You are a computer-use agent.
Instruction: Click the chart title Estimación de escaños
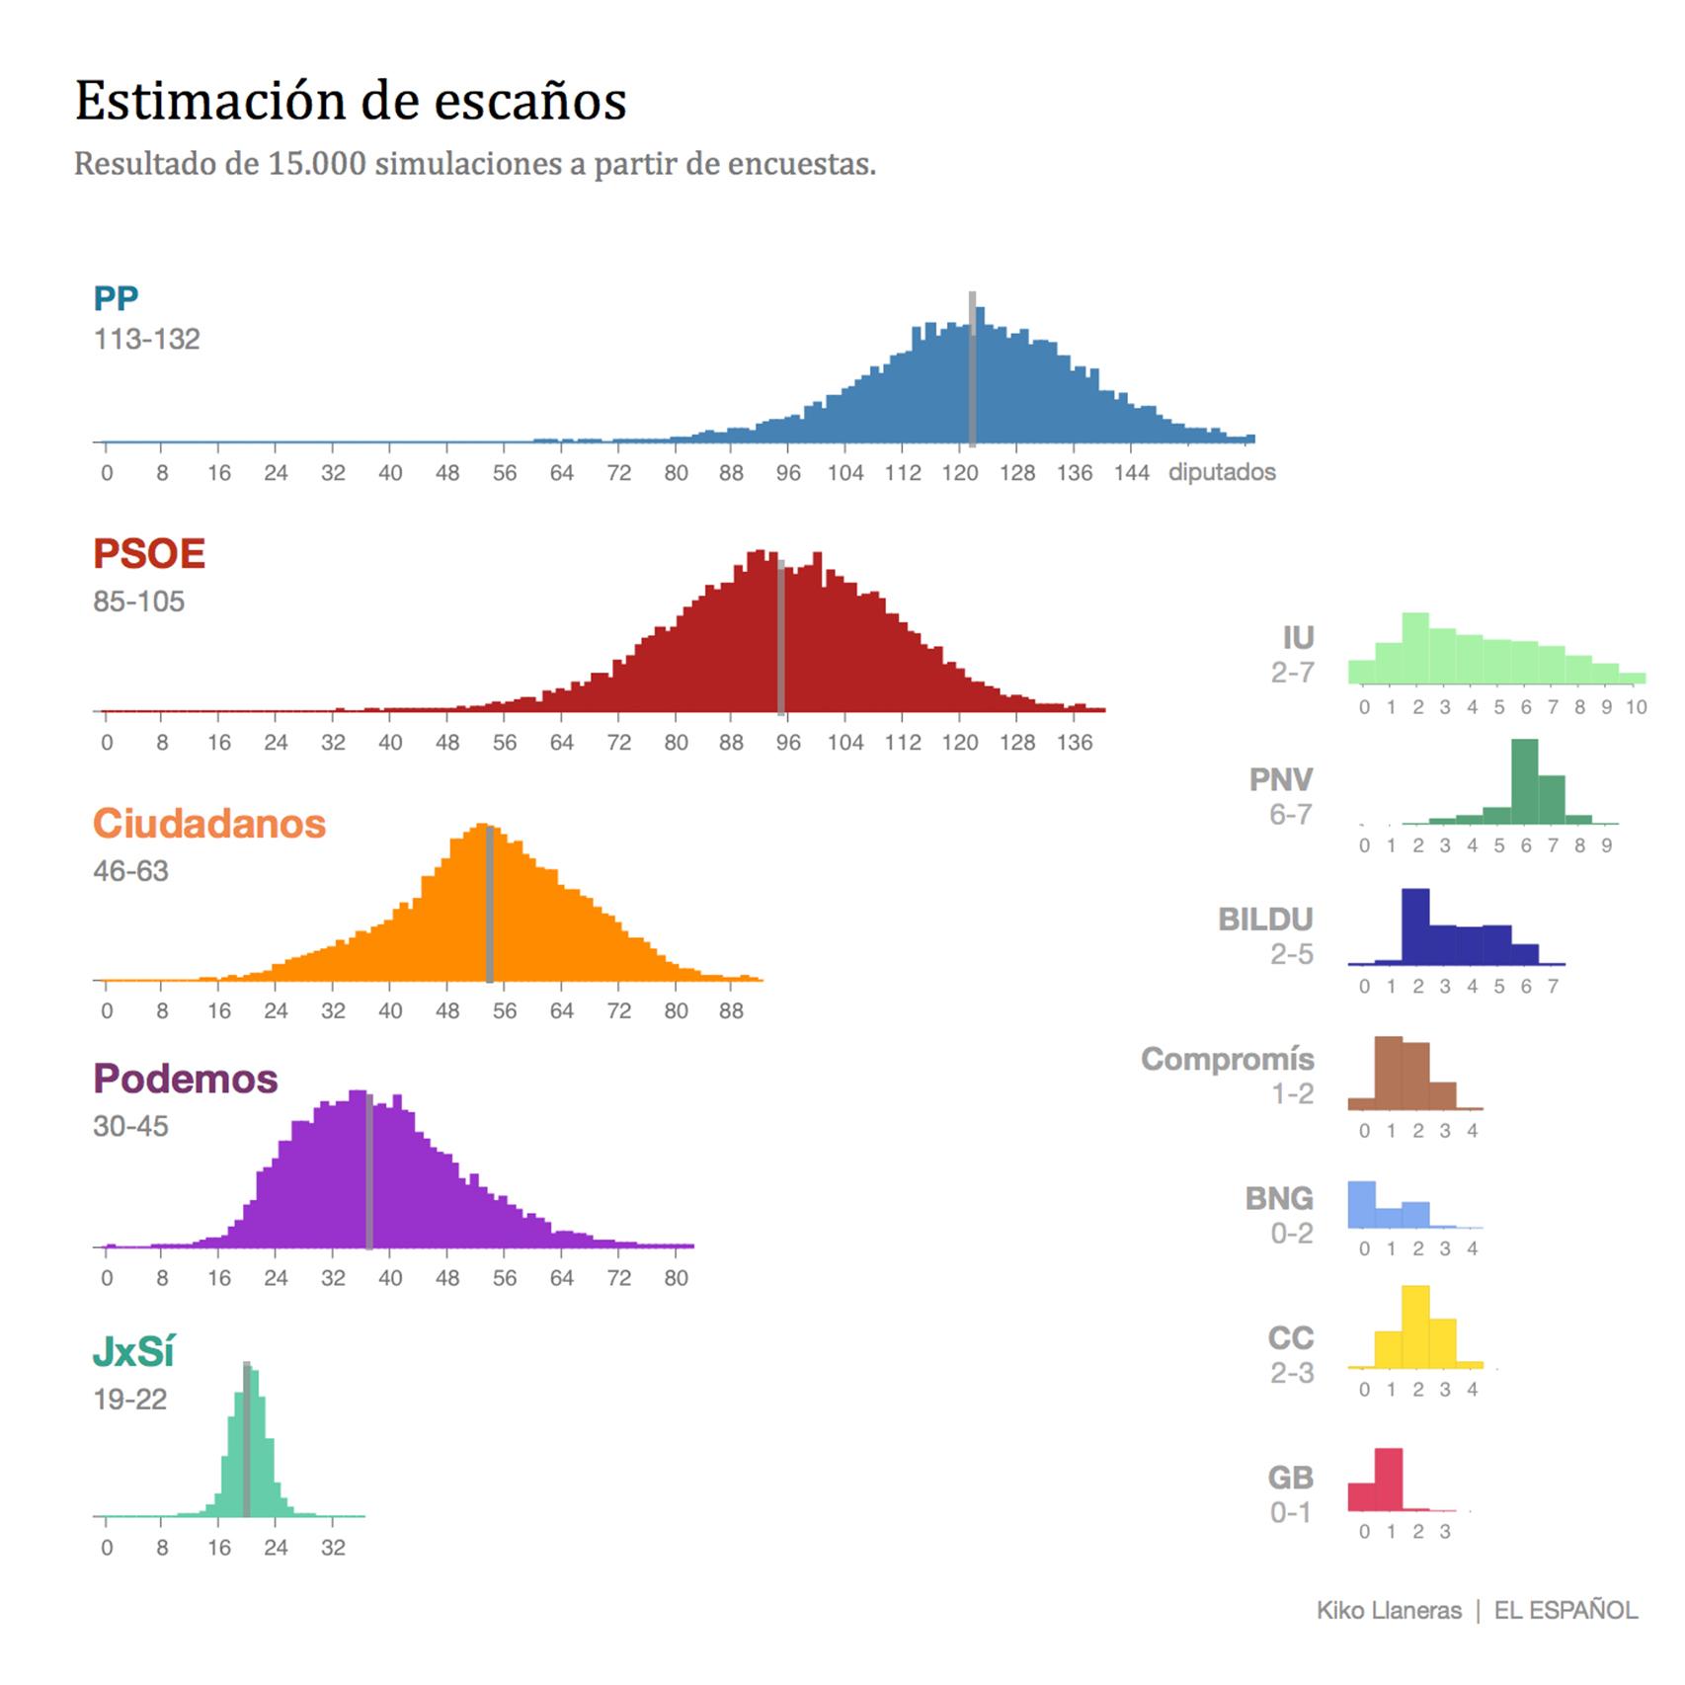(351, 101)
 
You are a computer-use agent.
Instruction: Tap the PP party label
(116, 297)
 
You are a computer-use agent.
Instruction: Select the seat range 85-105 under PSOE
(138, 602)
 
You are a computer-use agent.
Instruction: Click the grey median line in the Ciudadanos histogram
(489, 904)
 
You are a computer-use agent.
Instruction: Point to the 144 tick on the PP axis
(1131, 473)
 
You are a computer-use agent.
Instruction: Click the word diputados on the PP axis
(1222, 472)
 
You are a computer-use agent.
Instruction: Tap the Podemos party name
(185, 1079)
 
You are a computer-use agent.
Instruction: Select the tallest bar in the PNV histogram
(1524, 782)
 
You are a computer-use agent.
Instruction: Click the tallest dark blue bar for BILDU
(1415, 926)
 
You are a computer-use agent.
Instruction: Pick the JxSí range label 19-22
(129, 1400)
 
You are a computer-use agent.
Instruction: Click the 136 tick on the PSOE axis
(1074, 743)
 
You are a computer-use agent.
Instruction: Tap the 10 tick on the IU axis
(1636, 707)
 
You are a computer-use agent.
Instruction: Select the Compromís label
(1227, 1059)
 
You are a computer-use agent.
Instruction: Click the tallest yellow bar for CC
(1415, 1326)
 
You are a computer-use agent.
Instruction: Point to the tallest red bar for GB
(1389, 1480)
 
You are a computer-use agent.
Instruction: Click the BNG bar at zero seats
(1362, 1205)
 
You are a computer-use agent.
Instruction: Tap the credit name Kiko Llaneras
(1388, 1611)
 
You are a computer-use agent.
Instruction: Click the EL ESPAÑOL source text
(1565, 1611)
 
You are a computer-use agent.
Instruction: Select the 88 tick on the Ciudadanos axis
(731, 1011)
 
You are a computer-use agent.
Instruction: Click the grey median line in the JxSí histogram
(246, 1440)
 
